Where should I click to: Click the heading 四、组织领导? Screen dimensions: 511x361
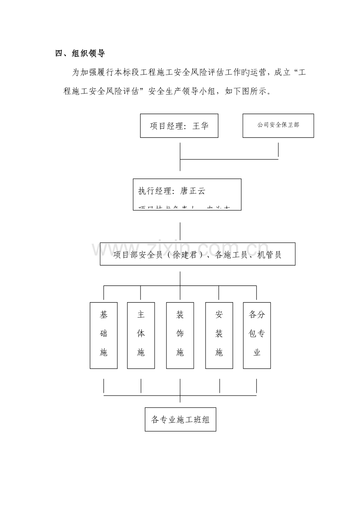[80, 54]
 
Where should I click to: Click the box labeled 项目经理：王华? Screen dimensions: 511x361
[179, 126]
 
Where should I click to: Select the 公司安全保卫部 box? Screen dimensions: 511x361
[278, 126]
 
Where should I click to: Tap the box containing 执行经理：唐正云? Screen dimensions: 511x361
[187, 194]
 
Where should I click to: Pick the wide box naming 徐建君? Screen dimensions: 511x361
[197, 254]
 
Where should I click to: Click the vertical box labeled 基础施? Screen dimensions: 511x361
[104, 335]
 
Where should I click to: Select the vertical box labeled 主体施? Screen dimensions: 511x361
[141, 335]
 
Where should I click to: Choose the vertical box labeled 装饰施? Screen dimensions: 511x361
[180, 335]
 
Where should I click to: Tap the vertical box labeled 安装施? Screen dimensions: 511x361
[219, 335]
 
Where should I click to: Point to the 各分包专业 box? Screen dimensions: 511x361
[257, 335]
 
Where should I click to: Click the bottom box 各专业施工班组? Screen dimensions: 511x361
[180, 420]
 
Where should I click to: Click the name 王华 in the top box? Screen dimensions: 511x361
[201, 126]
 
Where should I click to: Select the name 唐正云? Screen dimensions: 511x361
[193, 191]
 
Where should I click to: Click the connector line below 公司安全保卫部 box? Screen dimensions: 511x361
[278, 150]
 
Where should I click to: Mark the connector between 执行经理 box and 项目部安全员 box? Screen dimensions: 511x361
[180, 231]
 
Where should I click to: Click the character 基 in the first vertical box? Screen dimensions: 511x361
[104, 315]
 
